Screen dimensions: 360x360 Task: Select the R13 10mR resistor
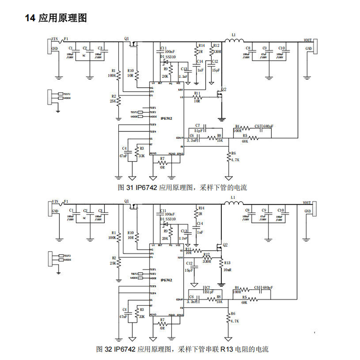click(221, 266)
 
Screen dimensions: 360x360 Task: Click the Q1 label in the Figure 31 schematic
click(126, 38)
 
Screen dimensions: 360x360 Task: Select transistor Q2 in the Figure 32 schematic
click(220, 247)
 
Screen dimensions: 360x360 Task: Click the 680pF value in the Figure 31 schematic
click(268, 126)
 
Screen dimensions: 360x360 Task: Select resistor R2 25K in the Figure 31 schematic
click(118, 99)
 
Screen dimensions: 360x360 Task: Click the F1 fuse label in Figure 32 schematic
click(67, 201)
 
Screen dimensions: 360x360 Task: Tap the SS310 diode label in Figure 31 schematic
click(171, 57)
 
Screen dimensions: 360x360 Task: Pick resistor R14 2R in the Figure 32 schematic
click(196, 211)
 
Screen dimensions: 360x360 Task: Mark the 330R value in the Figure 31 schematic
click(216, 52)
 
